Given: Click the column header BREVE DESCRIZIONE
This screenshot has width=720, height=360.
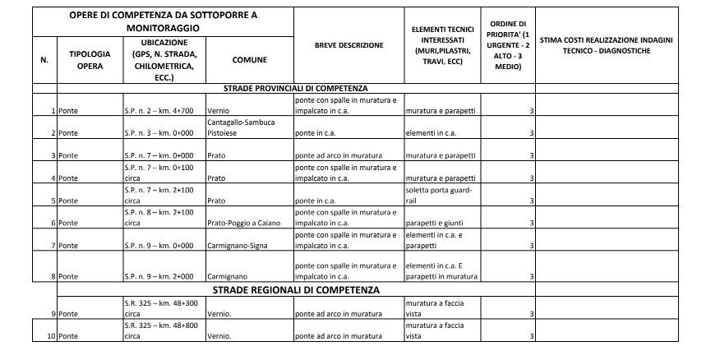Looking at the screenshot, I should pyautogui.click(x=348, y=45).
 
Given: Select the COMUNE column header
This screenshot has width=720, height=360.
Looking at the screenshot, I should pyautogui.click(x=248, y=60).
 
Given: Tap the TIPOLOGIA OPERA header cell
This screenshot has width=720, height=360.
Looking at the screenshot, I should pyautogui.click(x=90, y=60).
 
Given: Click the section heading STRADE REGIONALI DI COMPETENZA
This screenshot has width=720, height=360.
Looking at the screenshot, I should pyautogui.click(x=295, y=291).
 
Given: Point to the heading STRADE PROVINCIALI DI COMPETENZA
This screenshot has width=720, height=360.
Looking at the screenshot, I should pyautogui.click(x=295, y=88).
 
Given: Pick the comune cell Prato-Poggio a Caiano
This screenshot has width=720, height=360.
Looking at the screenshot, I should pyautogui.click(x=244, y=223).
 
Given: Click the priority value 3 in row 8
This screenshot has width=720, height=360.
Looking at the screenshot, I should pyautogui.click(x=531, y=277).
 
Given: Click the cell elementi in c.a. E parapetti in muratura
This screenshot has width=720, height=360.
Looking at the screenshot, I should pyautogui.click(x=441, y=271).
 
